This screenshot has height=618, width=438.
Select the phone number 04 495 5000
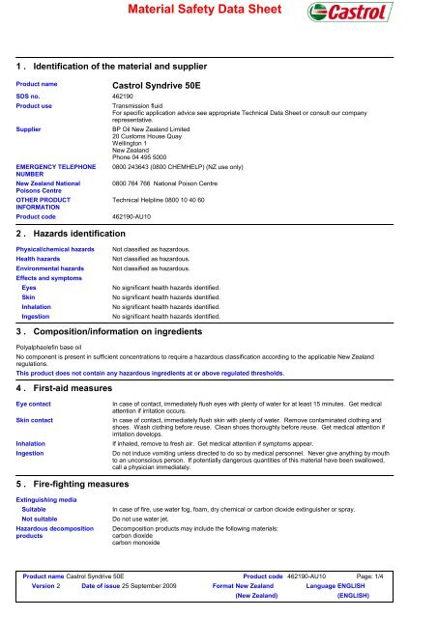pos(152,157)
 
